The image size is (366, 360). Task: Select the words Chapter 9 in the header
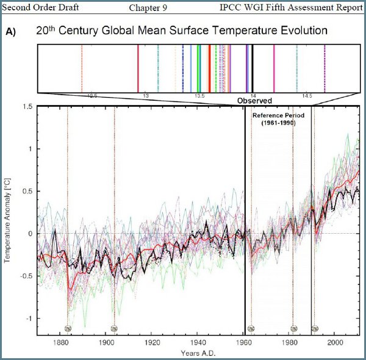[x=149, y=7]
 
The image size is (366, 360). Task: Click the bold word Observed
[x=254, y=100]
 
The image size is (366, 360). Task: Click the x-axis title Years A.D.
[x=198, y=353]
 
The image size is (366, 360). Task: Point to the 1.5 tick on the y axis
[x=27, y=107]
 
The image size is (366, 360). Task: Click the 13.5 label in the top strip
[x=199, y=96]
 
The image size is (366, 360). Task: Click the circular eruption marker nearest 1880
[x=68, y=328]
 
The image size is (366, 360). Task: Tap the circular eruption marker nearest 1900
[x=114, y=328]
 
